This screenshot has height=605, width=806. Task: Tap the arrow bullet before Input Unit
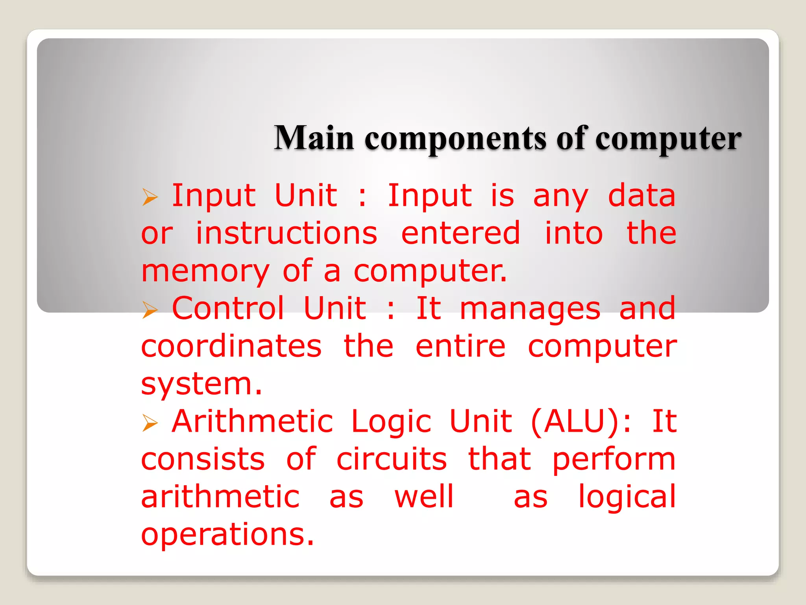[150, 197]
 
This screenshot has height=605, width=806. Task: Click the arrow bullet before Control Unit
[150, 310]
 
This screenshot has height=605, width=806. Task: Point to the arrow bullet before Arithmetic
[150, 423]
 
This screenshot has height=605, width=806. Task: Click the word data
[641, 196]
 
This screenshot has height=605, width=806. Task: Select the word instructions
[287, 233]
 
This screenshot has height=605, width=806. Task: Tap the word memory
[205, 272]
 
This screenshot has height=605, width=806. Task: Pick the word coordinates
[231, 347]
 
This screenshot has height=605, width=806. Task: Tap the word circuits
[392, 459]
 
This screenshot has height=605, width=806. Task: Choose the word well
[424, 497]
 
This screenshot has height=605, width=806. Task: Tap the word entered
[460, 233]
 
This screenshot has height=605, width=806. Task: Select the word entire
[460, 347]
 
